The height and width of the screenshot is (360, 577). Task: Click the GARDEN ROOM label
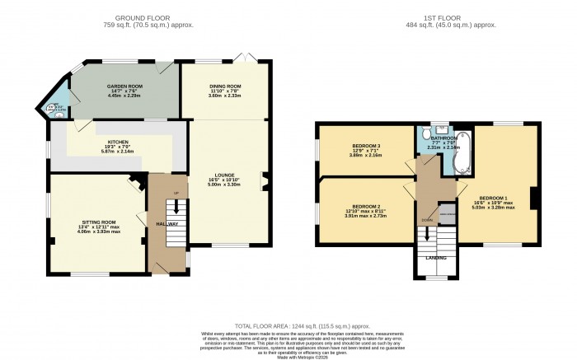tap(120, 86)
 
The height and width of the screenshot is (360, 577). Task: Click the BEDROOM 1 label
tap(498, 199)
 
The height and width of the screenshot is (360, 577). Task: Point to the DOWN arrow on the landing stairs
tap(426, 231)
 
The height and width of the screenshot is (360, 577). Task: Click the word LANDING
tap(436, 258)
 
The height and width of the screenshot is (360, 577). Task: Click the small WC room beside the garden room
tap(57, 108)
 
